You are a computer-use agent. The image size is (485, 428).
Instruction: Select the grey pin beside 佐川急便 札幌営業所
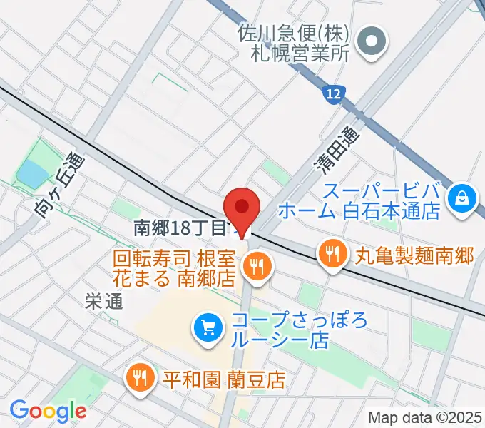point(372,40)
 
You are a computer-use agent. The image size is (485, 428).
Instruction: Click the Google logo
point(48,411)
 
